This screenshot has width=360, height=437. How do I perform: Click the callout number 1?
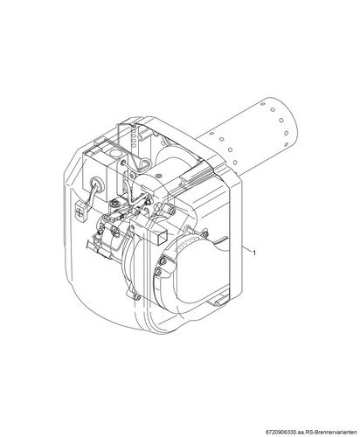[x=254, y=253]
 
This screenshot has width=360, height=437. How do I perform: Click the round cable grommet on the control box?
[x=94, y=184]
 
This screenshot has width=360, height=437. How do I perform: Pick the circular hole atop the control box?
[x=113, y=153]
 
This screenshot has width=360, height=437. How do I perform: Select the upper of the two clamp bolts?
[x=163, y=261]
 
